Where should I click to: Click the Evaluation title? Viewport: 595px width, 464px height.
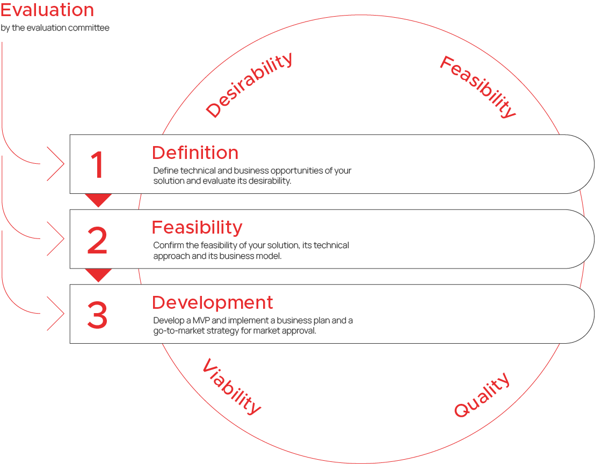click(x=47, y=10)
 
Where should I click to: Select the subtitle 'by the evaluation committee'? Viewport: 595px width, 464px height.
click(x=55, y=28)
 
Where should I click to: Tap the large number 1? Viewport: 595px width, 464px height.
click(x=98, y=164)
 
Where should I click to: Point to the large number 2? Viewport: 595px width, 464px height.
click(x=97, y=240)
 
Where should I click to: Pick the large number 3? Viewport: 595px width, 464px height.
click(x=97, y=315)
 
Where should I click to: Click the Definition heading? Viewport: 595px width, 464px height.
click(x=195, y=153)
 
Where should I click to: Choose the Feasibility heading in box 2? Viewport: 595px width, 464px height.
click(x=197, y=228)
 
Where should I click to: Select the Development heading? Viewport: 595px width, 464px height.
click(x=213, y=303)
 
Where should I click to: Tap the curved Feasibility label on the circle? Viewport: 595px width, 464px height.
click(x=478, y=86)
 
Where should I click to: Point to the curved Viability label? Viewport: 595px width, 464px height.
click(x=231, y=386)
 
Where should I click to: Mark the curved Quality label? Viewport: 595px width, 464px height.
click(x=482, y=395)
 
